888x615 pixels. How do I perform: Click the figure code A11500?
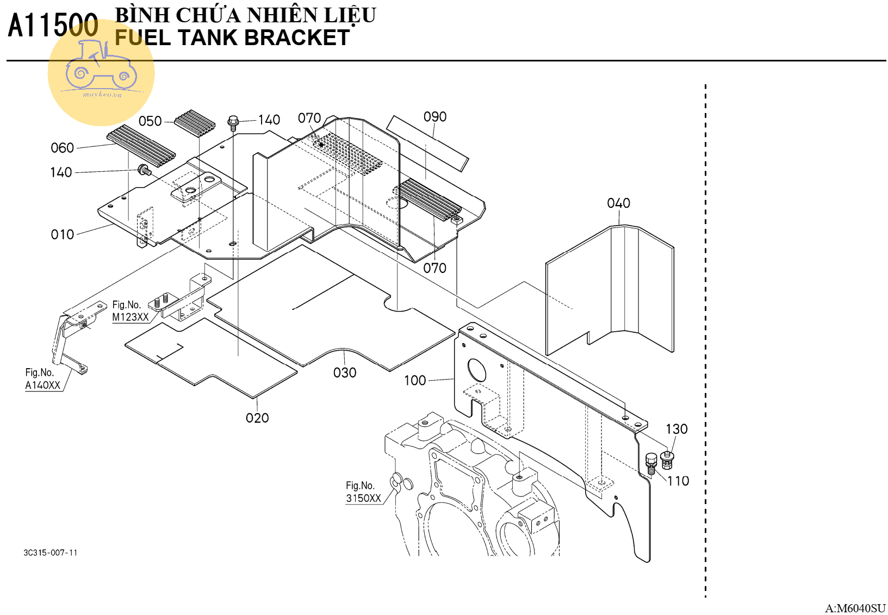(x=53, y=26)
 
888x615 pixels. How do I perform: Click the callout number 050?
(x=150, y=121)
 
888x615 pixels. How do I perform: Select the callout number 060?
(x=62, y=148)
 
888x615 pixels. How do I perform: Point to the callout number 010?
(x=62, y=234)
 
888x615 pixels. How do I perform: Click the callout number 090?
(x=435, y=117)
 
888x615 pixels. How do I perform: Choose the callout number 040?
(x=618, y=203)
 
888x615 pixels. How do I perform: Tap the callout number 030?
(x=345, y=373)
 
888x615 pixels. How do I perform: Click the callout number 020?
(x=257, y=418)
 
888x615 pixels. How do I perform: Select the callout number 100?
(x=415, y=381)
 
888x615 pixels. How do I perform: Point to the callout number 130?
(x=676, y=430)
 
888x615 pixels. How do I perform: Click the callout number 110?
(x=678, y=481)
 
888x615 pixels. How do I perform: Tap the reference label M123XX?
(x=131, y=318)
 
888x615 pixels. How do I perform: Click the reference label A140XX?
(x=43, y=386)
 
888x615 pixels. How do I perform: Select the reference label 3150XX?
(x=363, y=499)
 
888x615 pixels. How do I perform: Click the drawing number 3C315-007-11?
(x=51, y=553)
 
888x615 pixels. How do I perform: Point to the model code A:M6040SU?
(x=855, y=608)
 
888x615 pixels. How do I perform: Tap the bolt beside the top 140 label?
(x=233, y=123)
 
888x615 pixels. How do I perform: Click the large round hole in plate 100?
(x=476, y=370)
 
